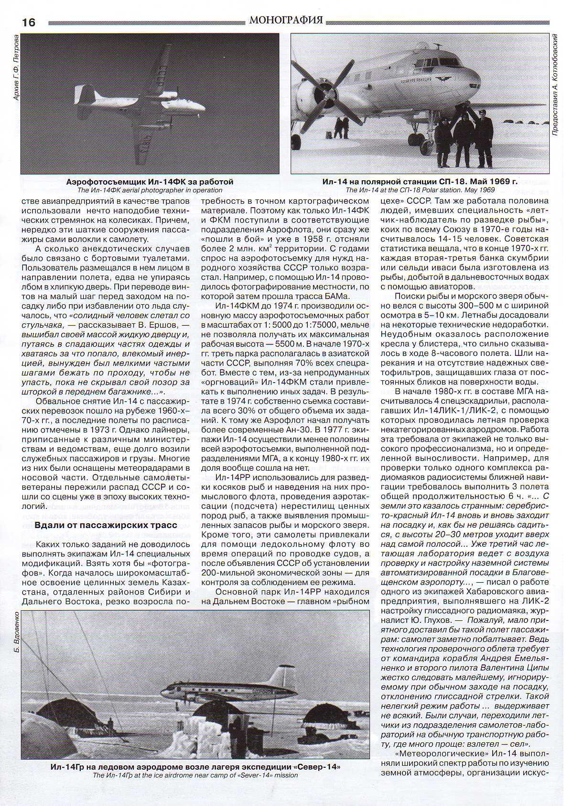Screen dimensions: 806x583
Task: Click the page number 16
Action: (29, 22)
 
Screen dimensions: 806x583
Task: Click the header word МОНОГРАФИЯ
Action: (286, 20)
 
